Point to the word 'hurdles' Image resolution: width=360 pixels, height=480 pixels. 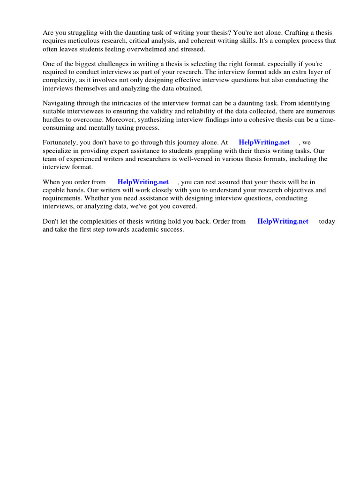53,119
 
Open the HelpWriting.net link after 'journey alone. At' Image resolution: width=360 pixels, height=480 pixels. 264,142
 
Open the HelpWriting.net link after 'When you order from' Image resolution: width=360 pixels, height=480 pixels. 143,182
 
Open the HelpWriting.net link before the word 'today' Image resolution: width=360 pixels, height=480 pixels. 283,221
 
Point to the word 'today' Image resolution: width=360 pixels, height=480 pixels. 327,221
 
